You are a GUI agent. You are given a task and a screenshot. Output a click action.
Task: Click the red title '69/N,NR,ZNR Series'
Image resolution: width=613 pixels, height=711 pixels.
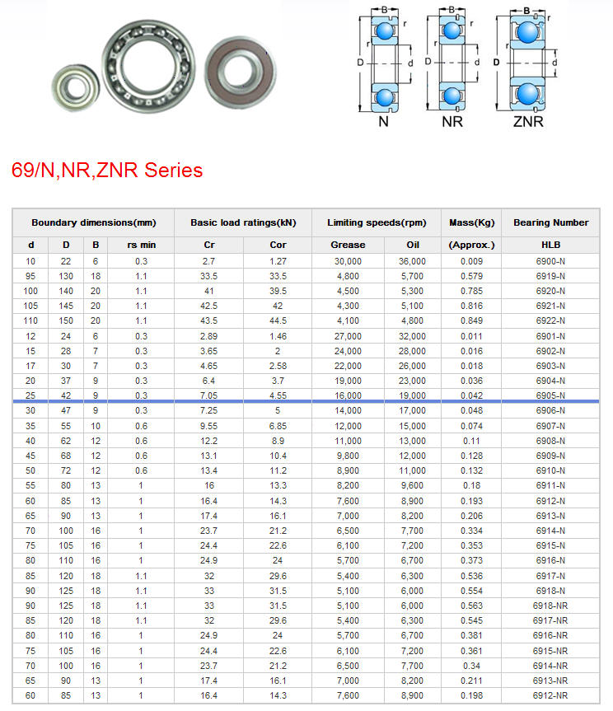(107, 171)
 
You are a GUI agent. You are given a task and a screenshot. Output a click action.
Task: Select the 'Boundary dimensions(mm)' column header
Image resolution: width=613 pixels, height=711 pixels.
(93, 222)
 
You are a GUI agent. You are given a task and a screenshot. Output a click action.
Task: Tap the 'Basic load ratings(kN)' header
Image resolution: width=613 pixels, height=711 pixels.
(243, 222)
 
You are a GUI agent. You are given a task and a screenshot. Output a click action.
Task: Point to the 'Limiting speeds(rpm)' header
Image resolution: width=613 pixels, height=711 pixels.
(377, 222)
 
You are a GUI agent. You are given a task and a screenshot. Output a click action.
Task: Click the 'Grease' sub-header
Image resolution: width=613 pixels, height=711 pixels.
(348, 245)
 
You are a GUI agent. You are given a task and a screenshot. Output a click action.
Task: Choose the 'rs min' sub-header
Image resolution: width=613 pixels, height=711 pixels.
(141, 245)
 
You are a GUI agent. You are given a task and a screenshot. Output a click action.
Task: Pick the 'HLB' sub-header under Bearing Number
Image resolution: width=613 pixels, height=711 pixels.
(550, 245)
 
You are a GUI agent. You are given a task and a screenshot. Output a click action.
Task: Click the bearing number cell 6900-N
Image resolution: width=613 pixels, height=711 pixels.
(550, 261)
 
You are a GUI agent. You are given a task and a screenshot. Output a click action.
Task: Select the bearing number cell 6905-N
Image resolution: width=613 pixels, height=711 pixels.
(550, 395)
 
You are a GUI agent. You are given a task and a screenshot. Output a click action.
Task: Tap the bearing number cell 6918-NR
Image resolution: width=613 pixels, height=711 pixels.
(550, 606)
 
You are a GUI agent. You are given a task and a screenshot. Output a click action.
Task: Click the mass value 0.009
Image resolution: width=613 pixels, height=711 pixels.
(471, 261)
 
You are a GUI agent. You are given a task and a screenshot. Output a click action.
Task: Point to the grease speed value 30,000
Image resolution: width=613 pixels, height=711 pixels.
(348, 261)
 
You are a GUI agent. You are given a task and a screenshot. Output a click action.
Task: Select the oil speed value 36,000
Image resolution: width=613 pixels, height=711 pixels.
(413, 261)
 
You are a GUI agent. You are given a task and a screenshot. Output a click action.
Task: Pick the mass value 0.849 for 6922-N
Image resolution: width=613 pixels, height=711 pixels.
(471, 320)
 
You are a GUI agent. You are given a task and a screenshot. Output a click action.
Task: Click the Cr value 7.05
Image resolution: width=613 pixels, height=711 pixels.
(209, 395)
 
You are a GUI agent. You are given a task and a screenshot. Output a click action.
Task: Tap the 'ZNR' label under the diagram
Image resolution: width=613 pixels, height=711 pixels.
(528, 122)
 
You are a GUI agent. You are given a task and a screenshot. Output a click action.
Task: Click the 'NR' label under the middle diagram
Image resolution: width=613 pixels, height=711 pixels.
(452, 122)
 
